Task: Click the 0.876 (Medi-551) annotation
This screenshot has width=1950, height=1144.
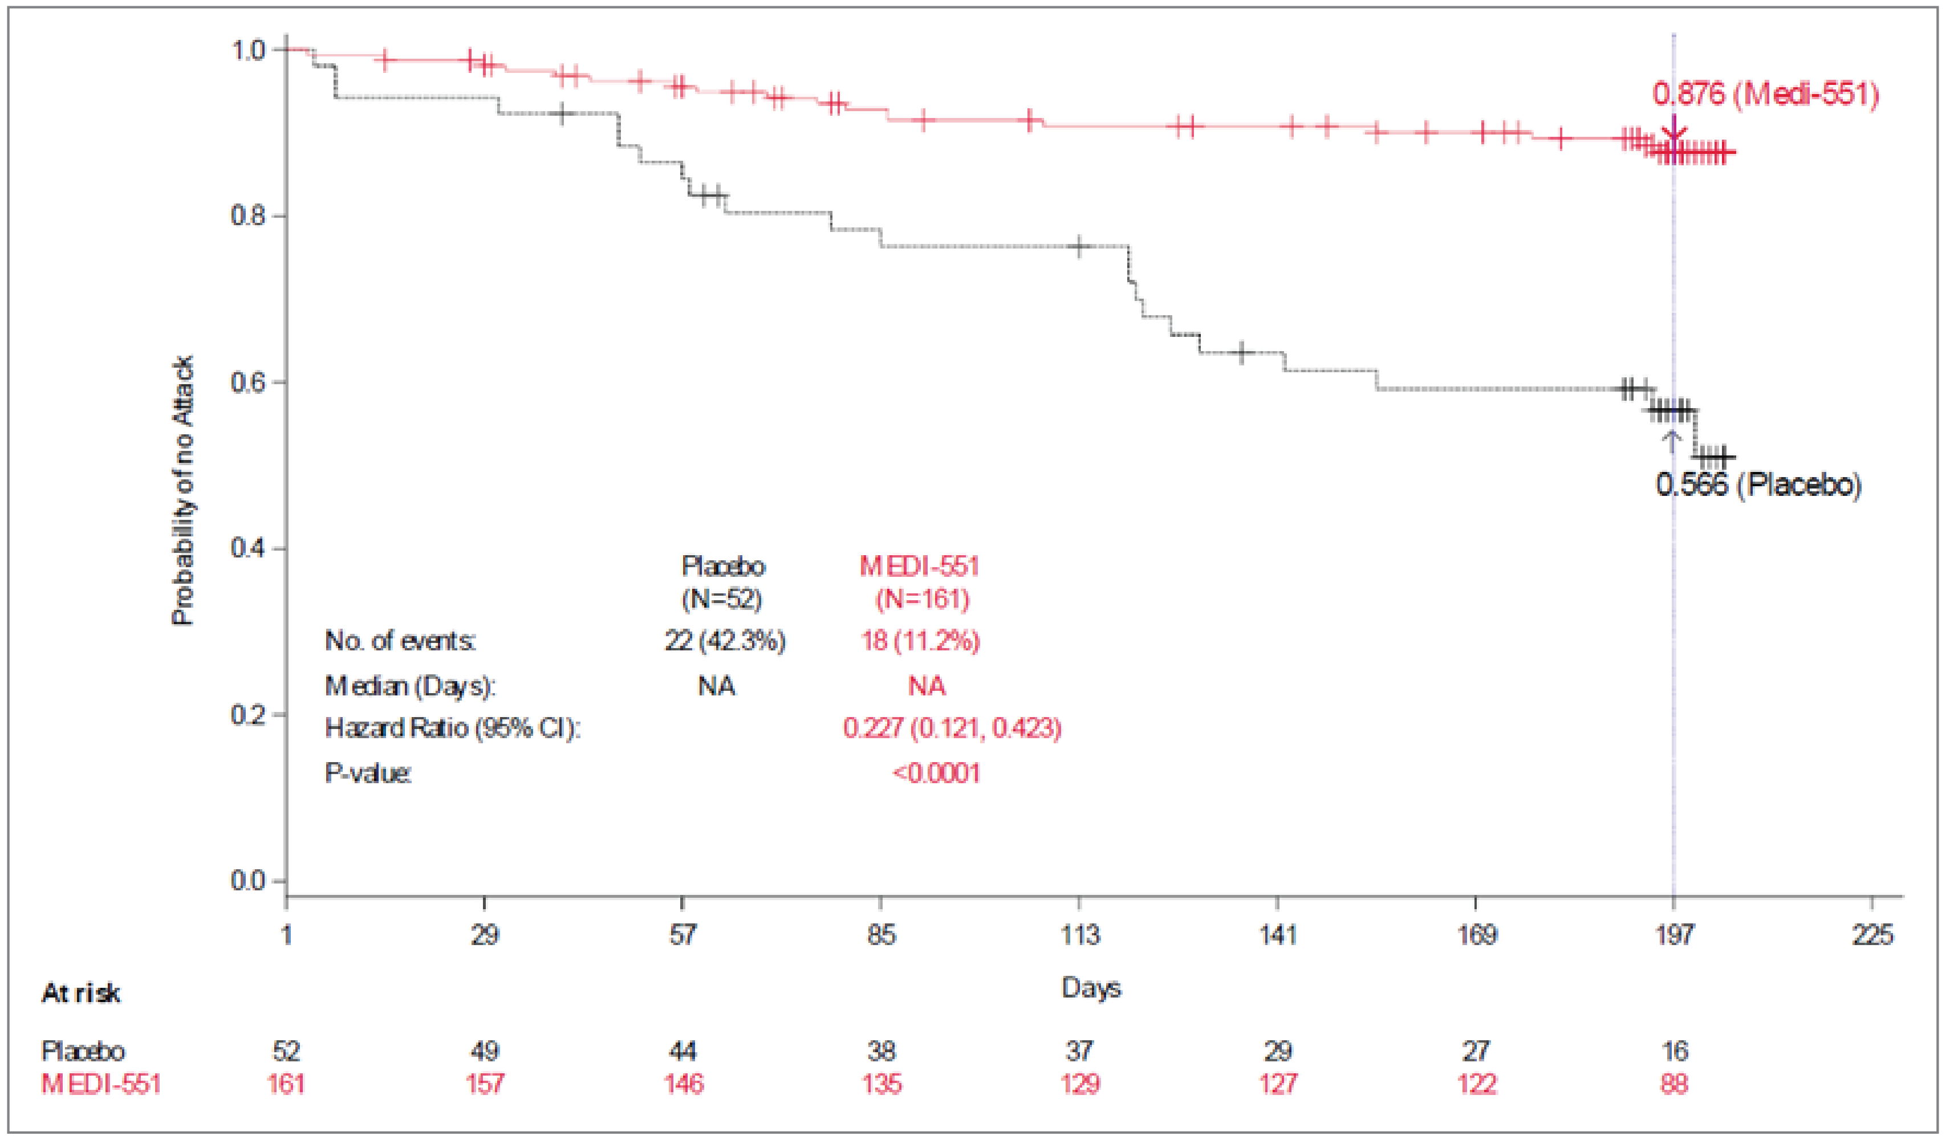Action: click(1764, 95)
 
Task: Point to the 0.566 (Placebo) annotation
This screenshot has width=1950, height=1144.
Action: click(1758, 485)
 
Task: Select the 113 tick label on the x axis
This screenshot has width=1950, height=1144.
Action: click(1079, 935)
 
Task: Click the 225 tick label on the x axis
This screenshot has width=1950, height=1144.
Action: click(1872, 935)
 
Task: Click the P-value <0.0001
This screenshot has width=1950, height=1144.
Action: click(936, 773)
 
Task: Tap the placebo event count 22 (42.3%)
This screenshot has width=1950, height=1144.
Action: click(724, 641)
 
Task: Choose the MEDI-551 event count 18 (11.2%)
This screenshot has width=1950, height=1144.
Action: click(920, 641)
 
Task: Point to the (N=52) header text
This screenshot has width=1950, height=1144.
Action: click(721, 599)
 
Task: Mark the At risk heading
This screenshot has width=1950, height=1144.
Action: click(80, 993)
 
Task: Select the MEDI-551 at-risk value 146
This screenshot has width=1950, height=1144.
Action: click(683, 1084)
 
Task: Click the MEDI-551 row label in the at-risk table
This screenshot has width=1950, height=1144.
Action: click(100, 1084)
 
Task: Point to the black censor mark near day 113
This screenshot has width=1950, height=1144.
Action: click(1080, 247)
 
